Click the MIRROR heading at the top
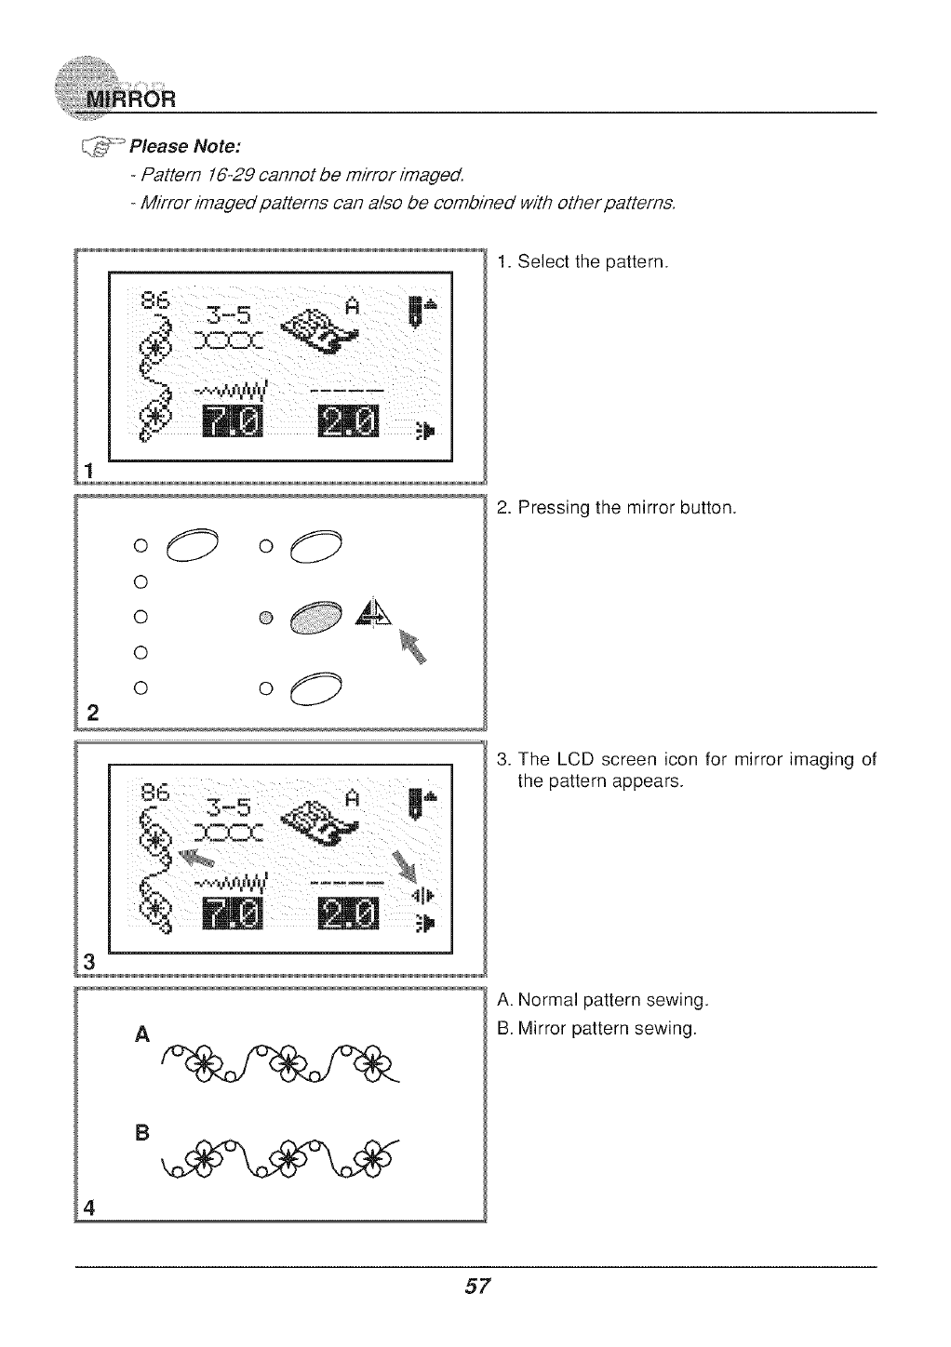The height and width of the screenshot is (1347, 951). [130, 100]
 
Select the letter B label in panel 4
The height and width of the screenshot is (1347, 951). [141, 1134]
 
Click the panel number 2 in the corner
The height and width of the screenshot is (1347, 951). [92, 714]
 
